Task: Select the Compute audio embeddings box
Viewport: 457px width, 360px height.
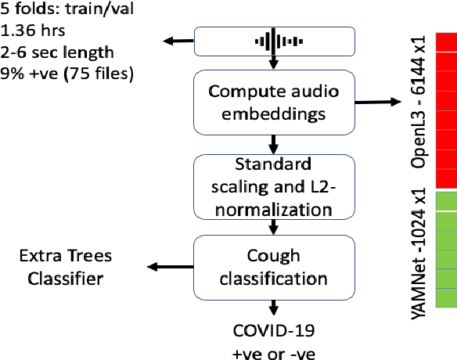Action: (272, 101)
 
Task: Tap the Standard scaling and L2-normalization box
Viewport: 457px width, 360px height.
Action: (272, 188)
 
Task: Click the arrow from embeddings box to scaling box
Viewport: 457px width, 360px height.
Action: (272, 143)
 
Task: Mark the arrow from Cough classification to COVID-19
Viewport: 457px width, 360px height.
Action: (272, 308)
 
